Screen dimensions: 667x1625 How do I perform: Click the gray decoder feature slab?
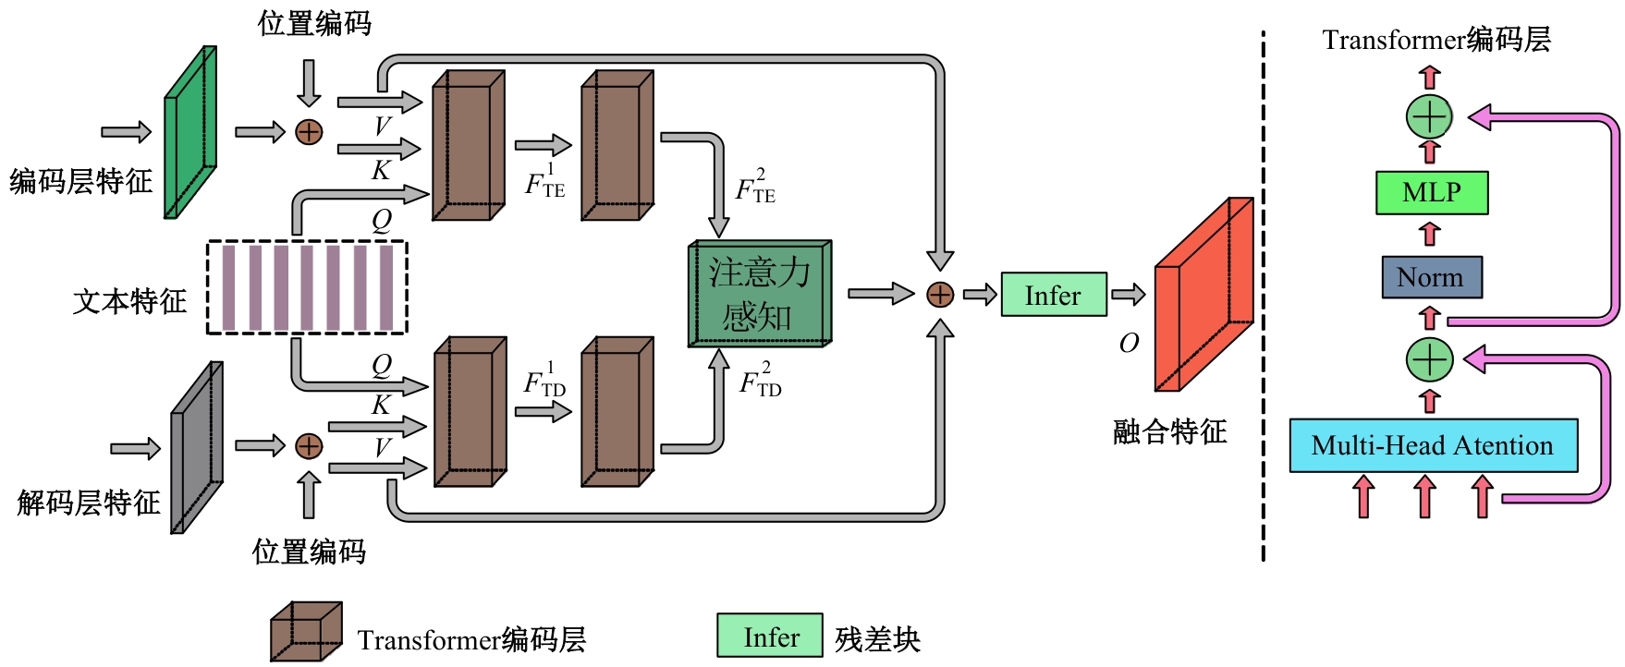pos(197,447)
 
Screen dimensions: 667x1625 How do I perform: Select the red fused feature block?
pos(1203,294)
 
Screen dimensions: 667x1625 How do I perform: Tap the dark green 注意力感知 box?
pos(759,295)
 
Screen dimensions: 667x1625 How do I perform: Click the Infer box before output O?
pos(1053,295)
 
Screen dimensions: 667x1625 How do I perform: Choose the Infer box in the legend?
pos(769,637)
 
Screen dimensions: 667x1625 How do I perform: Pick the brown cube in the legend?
pos(305,633)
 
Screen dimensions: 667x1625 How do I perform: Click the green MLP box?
pos(1431,193)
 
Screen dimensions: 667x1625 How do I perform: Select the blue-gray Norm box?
pos(1431,277)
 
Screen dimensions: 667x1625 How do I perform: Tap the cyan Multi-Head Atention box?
pos(1433,445)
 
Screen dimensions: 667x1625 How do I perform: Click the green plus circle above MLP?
pos(1429,117)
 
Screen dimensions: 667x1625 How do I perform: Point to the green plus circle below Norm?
pos(1429,359)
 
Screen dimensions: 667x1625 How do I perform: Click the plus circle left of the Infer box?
pos(939,295)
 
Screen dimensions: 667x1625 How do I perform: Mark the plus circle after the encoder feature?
pos(309,132)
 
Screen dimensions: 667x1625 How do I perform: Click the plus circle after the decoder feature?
pos(309,446)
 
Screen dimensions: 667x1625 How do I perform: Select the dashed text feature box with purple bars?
pos(307,287)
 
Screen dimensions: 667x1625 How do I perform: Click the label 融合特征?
pos(1169,431)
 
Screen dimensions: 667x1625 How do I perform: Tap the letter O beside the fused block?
pos(1129,344)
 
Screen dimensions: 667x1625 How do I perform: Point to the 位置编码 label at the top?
pos(314,23)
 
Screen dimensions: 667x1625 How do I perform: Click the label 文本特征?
pos(129,301)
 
